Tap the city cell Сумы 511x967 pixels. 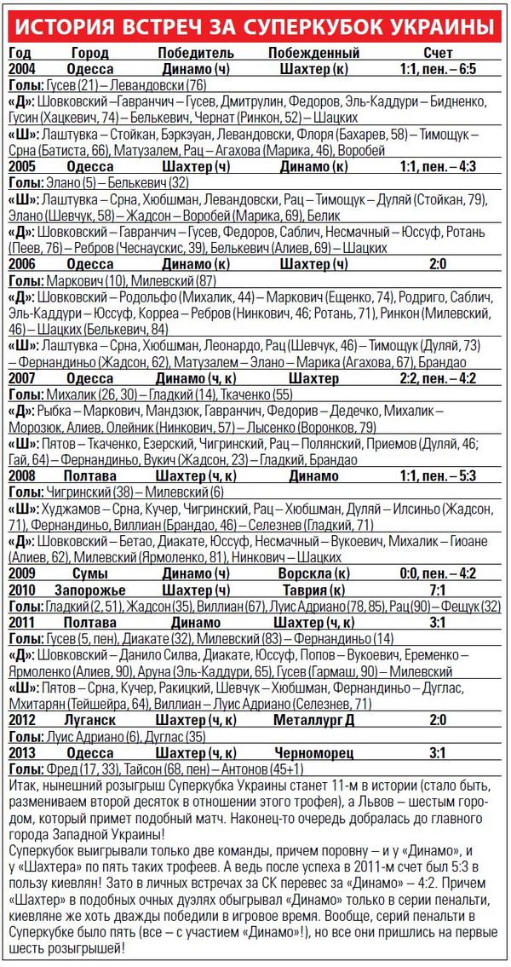point(89,573)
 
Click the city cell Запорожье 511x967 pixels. point(90,590)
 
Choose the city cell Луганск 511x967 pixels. point(89,721)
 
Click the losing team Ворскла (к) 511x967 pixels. point(313,573)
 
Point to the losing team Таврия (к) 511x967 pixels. point(313,590)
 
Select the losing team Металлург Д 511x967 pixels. point(313,721)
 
